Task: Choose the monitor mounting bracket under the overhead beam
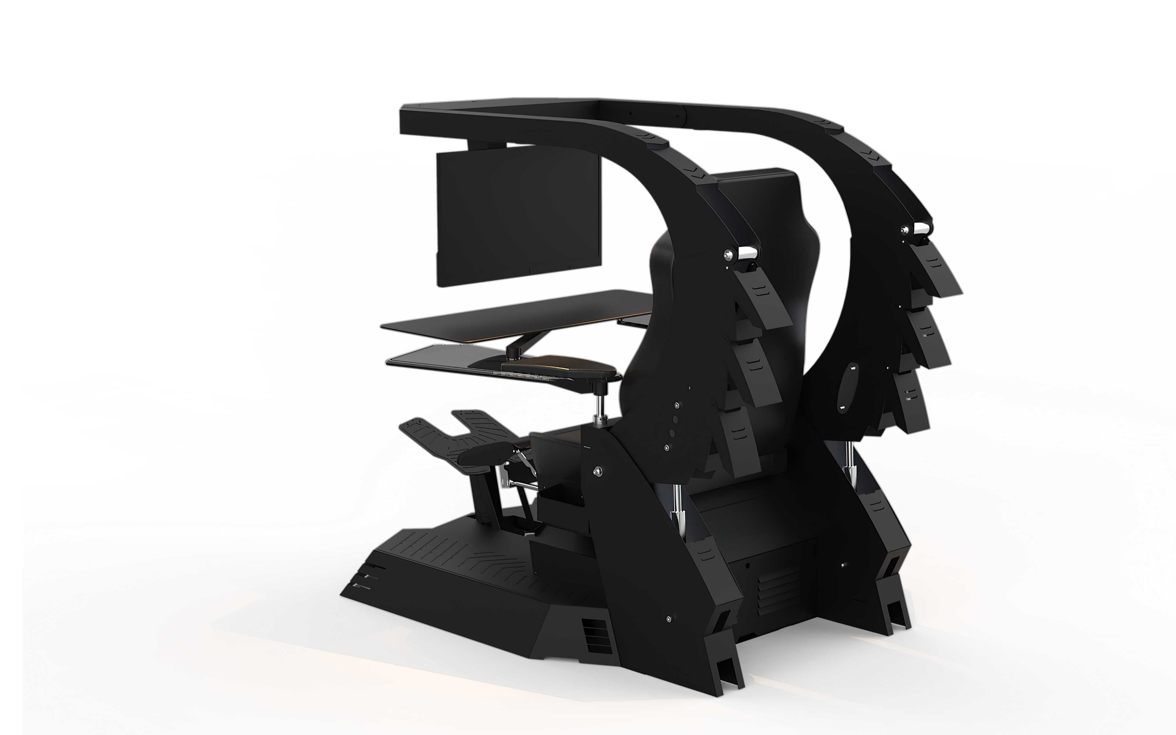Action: click(x=486, y=144)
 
